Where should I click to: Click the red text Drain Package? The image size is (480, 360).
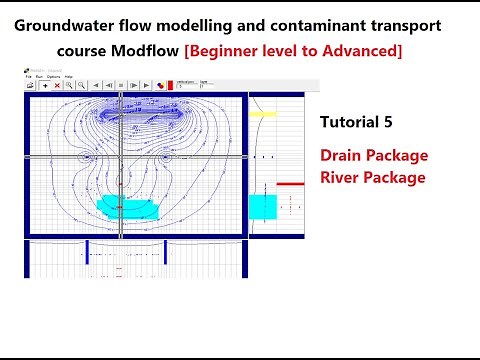pos(374,156)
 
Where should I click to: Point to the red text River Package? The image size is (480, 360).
pos(372,177)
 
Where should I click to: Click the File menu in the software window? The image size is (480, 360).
pos(29,76)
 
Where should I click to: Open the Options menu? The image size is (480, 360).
pos(52,76)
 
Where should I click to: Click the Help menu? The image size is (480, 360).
pos(68,76)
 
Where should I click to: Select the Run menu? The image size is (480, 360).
pos(39,76)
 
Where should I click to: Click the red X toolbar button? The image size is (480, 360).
pos(57,86)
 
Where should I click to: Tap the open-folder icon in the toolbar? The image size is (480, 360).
pos(31,86)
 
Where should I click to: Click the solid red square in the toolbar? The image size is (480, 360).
pos(169,86)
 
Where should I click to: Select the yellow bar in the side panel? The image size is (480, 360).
pos(263,114)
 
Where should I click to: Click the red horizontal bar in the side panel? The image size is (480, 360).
pos(290,184)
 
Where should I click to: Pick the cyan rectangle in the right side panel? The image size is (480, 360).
pos(263,207)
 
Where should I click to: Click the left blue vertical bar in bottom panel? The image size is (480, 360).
pos(87,253)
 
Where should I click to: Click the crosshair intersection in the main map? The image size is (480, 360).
pos(121,157)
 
